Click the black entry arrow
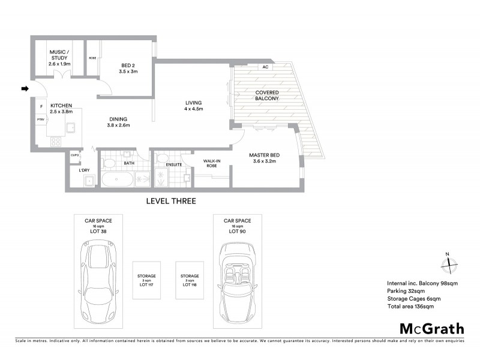(x=25, y=89)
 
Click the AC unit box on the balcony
(x=265, y=67)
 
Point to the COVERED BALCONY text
(x=267, y=95)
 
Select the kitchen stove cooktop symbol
(x=56, y=142)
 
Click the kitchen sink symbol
(x=71, y=127)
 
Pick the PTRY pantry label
(x=41, y=120)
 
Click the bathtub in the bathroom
(x=117, y=178)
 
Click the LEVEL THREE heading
(x=171, y=201)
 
